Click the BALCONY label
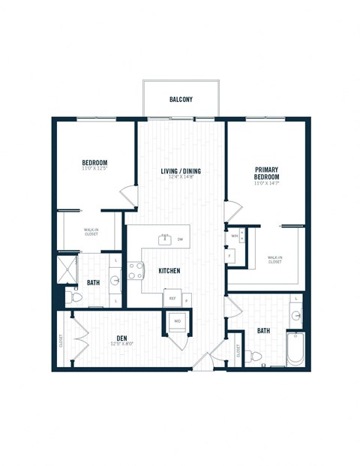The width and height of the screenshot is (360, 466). (181, 99)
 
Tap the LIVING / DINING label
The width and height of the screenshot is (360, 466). (181, 171)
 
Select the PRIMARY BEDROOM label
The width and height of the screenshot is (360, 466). (267, 174)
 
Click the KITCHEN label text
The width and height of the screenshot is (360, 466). (168, 270)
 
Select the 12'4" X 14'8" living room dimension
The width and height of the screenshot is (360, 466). (181, 178)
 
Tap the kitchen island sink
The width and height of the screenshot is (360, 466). (164, 239)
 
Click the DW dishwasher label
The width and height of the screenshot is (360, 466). (180, 239)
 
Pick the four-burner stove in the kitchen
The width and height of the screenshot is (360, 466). (136, 270)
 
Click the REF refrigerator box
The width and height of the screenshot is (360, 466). (172, 298)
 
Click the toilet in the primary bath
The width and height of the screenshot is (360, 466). (256, 356)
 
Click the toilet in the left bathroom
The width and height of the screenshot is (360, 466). (76, 298)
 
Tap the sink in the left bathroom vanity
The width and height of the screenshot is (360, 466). (115, 281)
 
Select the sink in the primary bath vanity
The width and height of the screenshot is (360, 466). (297, 315)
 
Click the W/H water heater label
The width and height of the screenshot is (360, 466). (234, 236)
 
